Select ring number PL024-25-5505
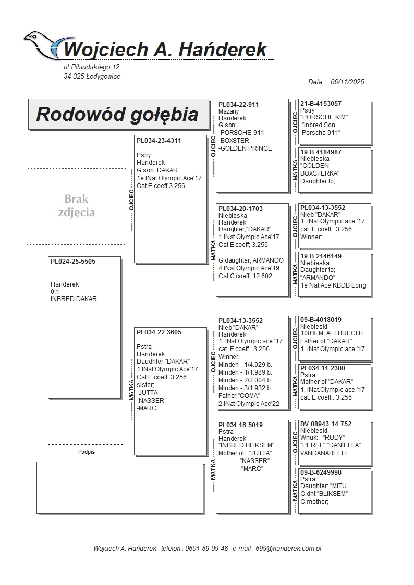click(x=73, y=262)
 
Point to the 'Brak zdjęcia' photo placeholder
click(x=76, y=206)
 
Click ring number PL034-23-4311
click(x=159, y=140)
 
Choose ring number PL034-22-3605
click(x=159, y=332)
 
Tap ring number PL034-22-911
click(x=238, y=104)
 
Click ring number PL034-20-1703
click(x=240, y=208)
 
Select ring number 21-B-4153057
click(x=321, y=104)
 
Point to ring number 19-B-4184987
click(x=321, y=152)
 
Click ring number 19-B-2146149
click(x=321, y=256)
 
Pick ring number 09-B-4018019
click(x=321, y=319)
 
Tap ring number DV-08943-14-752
click(x=326, y=424)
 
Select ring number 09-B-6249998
click(x=321, y=472)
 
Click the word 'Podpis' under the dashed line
click(x=87, y=452)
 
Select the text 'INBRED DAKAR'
click(x=74, y=299)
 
